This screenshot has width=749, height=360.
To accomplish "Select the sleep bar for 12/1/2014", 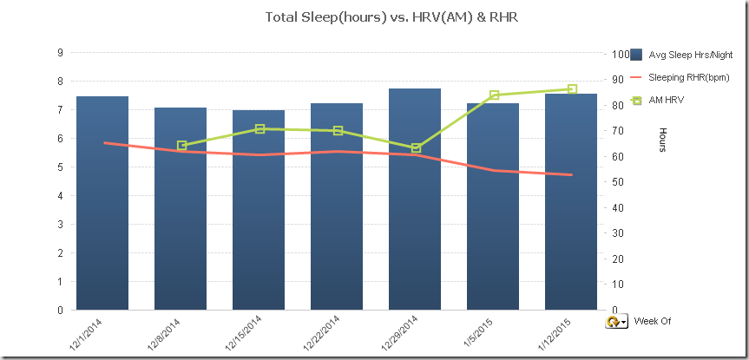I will pos(102,203).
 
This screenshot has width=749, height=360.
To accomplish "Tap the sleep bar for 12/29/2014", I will pos(415,200).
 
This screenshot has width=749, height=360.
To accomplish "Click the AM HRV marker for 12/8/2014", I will pos(181,146).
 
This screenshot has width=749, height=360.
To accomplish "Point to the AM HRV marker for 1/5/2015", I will pos(494,95).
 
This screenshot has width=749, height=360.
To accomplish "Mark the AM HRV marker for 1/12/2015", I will pos(572,89).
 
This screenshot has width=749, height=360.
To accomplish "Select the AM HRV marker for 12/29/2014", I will pos(416,148).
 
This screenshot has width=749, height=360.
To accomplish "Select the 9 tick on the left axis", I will pos(60,53).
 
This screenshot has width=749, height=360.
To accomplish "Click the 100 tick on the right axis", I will pos(620,54).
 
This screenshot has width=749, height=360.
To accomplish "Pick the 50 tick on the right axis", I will pos(617,182).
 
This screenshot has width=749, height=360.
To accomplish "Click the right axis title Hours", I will pos(663,140).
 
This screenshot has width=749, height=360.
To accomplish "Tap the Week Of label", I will pos(652,321).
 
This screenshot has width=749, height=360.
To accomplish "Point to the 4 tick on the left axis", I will pos(60,196).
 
